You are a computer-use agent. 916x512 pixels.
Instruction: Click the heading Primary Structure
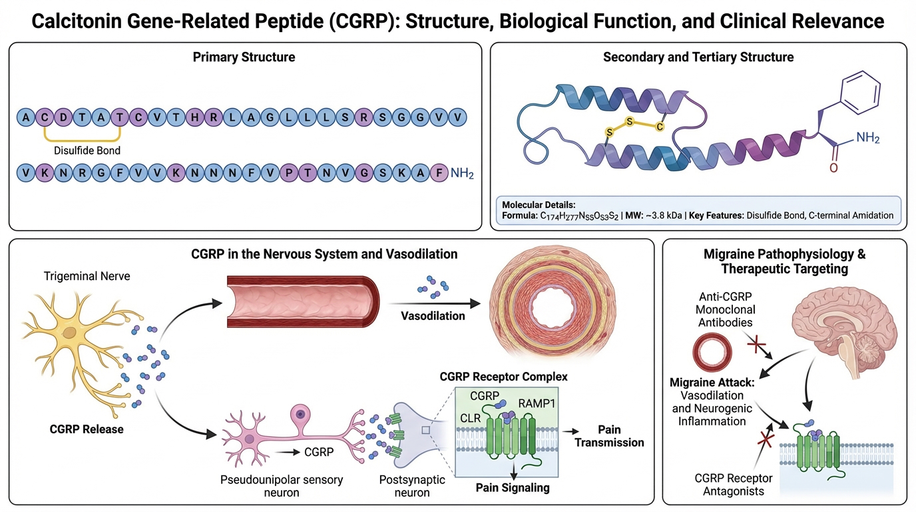tap(244, 57)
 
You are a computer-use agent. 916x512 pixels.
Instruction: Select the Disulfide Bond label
tap(87, 151)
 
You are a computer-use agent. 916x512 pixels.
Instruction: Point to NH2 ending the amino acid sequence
tap(462, 173)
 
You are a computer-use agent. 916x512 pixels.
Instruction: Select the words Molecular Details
tap(536, 205)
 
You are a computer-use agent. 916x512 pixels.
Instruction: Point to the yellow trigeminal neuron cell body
tap(69, 333)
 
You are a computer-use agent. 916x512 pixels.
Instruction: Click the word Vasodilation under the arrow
tap(433, 316)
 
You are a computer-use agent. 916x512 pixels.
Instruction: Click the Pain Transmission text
tap(609, 435)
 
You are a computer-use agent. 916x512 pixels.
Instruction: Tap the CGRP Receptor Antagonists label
tap(733, 485)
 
